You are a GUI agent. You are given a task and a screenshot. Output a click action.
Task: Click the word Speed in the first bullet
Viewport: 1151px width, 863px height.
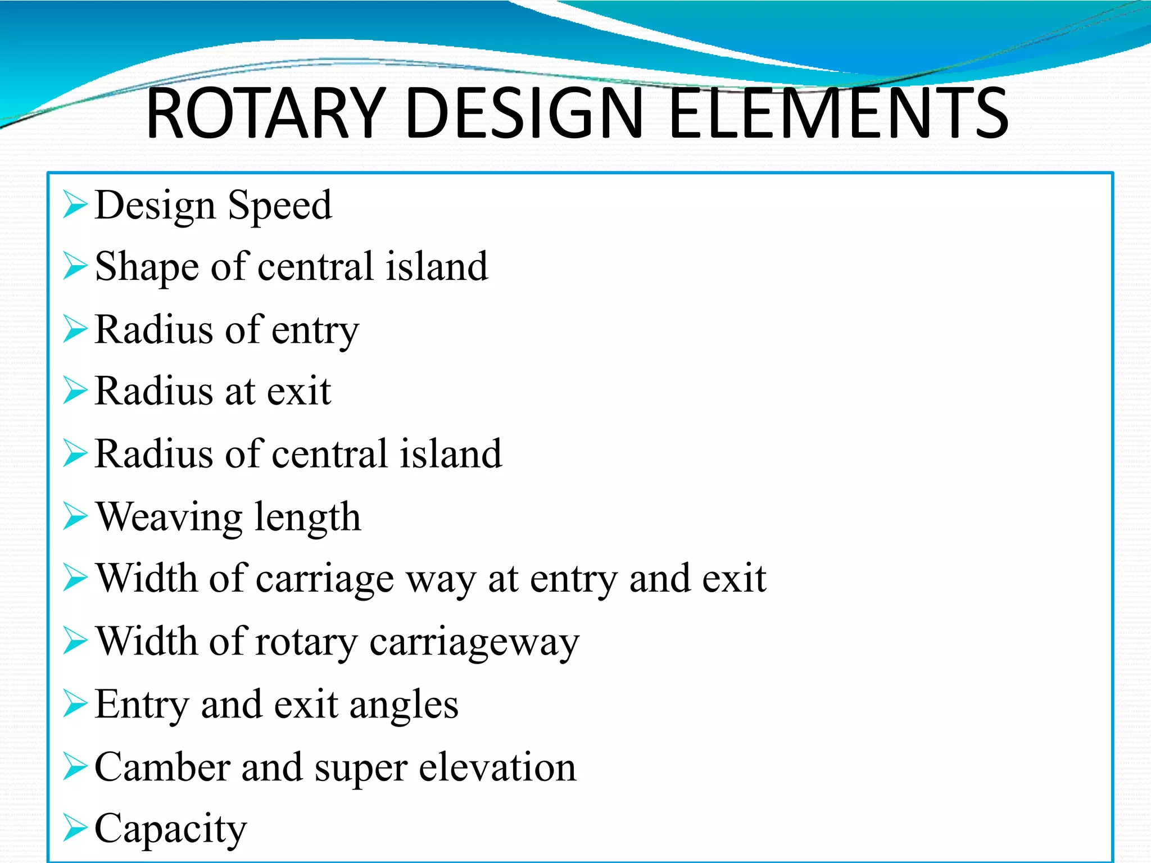[280, 206]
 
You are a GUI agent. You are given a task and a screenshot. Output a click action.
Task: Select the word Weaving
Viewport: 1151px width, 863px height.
[169, 517]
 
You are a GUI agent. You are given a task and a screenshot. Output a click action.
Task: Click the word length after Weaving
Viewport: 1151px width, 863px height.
[307, 516]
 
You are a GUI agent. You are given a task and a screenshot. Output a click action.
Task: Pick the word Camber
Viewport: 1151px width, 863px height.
[162, 767]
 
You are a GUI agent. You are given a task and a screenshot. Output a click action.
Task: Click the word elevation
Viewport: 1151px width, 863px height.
[497, 767]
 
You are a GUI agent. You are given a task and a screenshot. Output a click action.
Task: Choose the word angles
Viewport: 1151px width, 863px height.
[404, 706]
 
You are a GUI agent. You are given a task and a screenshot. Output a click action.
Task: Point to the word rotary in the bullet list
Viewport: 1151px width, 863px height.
[306, 643]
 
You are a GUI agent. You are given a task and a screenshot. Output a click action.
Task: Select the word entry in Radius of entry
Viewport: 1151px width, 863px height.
[315, 331]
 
